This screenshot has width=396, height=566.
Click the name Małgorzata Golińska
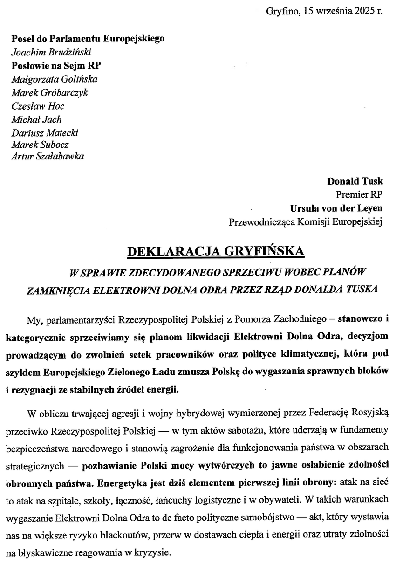coord(54,79)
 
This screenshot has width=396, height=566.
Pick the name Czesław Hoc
coord(38,106)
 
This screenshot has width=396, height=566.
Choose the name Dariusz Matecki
coord(45,132)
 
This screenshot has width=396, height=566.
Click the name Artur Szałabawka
coord(48,156)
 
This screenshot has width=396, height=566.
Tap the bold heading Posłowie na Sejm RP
coord(53,66)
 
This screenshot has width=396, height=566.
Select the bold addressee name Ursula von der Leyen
coord(335,208)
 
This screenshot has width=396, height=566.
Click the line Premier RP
coord(359,194)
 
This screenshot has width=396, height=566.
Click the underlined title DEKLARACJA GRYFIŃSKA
coord(216,252)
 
